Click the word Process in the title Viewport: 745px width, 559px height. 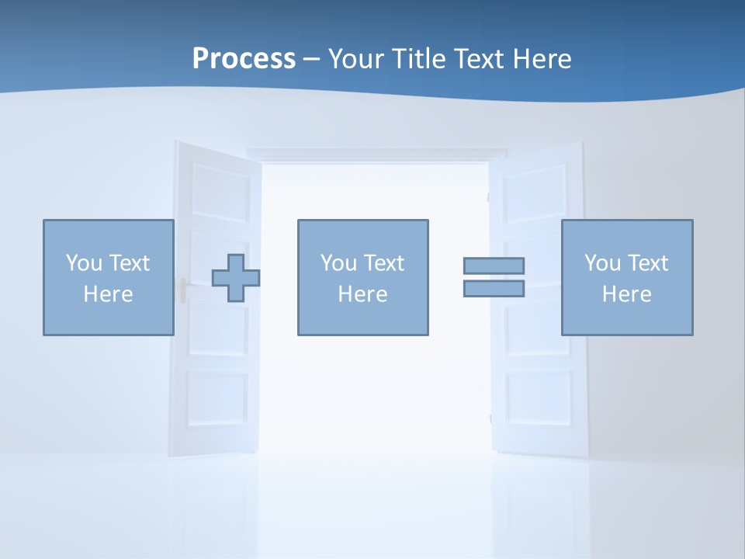[244, 59]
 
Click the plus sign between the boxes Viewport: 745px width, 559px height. [236, 278]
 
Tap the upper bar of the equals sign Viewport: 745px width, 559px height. [494, 266]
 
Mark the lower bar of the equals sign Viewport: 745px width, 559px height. [494, 289]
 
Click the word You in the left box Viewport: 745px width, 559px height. [84, 263]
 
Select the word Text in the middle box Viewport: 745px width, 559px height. [383, 263]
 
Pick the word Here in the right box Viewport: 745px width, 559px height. [627, 294]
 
